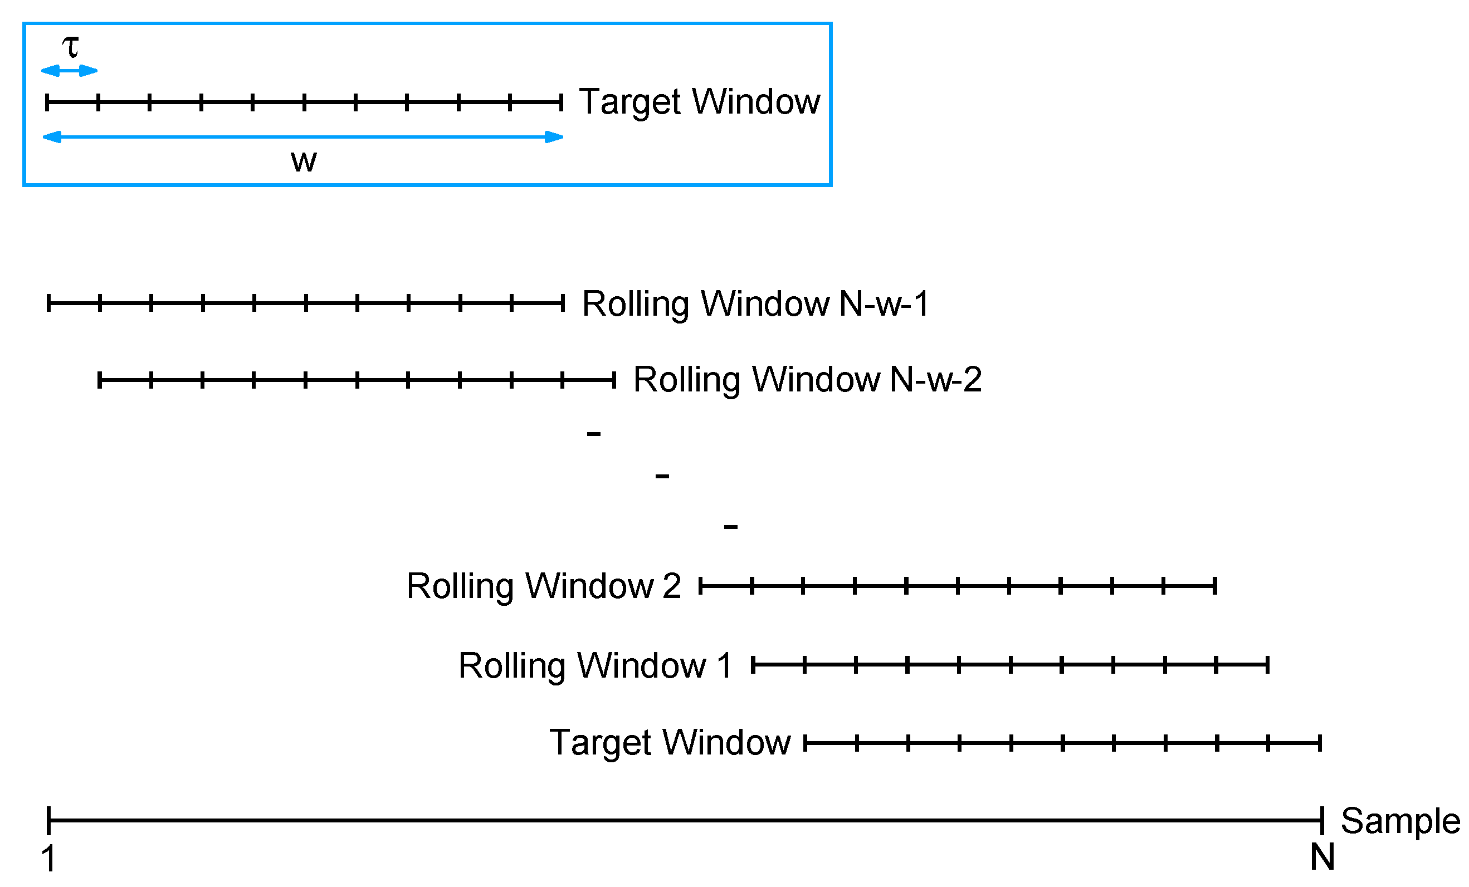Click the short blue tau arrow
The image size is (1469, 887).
point(69,71)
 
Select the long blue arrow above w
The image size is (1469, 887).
point(303,137)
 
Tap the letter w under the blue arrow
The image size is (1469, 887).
point(304,161)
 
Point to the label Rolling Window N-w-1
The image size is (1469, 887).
point(755,303)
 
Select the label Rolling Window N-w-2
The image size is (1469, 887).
point(807,379)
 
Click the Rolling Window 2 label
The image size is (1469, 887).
point(543,586)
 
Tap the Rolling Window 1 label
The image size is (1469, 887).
point(594,666)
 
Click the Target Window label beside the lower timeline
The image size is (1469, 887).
point(670,743)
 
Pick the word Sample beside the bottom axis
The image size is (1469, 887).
point(1400,821)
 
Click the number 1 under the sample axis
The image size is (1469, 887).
point(48,859)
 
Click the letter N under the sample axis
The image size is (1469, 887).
point(1322,857)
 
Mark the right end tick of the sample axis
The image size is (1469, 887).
point(1322,820)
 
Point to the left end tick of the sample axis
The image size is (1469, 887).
point(49,820)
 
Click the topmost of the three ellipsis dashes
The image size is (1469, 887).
point(593,434)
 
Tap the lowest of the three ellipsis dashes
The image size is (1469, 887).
point(731,526)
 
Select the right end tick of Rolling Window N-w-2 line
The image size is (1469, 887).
point(614,380)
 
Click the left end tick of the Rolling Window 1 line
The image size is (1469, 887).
point(753,665)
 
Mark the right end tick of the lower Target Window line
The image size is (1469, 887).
point(1320,743)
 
